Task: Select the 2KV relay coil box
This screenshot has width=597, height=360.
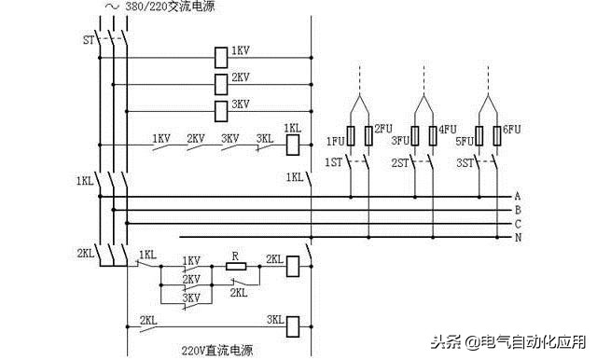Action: (x=221, y=83)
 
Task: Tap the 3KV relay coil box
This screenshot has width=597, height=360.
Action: (x=221, y=111)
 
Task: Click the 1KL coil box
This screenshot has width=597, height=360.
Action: (x=292, y=144)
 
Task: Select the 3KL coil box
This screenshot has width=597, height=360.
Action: (x=292, y=325)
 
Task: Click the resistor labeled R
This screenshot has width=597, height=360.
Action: (x=235, y=266)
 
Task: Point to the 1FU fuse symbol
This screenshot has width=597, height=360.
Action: (x=351, y=136)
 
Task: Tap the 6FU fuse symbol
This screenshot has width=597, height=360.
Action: (x=495, y=136)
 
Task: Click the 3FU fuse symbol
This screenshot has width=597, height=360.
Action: (x=415, y=136)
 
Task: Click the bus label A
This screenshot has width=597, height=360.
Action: (x=517, y=197)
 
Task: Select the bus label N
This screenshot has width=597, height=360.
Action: (x=517, y=238)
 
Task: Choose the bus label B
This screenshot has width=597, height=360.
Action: (x=517, y=211)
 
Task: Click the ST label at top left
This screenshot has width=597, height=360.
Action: (x=89, y=40)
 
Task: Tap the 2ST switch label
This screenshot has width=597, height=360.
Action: (x=399, y=162)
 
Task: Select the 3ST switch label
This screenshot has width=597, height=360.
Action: (x=465, y=162)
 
